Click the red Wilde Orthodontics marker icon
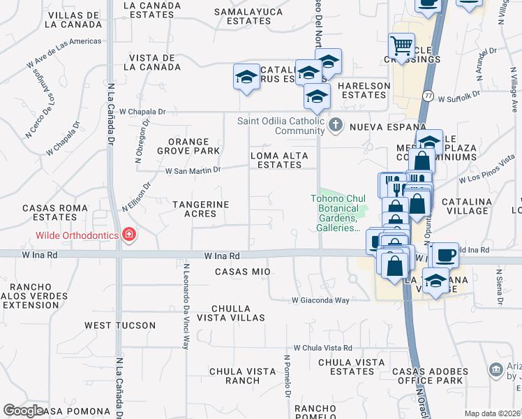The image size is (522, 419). [128, 235]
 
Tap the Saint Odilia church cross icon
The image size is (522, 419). [336, 126]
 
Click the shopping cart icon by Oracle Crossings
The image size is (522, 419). [402, 46]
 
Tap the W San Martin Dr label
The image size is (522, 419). [193, 170]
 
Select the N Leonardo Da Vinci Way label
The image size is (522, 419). [186, 305]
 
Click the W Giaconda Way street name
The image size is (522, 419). [320, 300]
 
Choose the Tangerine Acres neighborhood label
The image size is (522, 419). [200, 208]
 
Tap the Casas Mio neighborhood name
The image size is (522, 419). [242, 271]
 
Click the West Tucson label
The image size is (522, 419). [114, 325]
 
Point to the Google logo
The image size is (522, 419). [23, 411]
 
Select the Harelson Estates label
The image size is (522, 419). [364, 86]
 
